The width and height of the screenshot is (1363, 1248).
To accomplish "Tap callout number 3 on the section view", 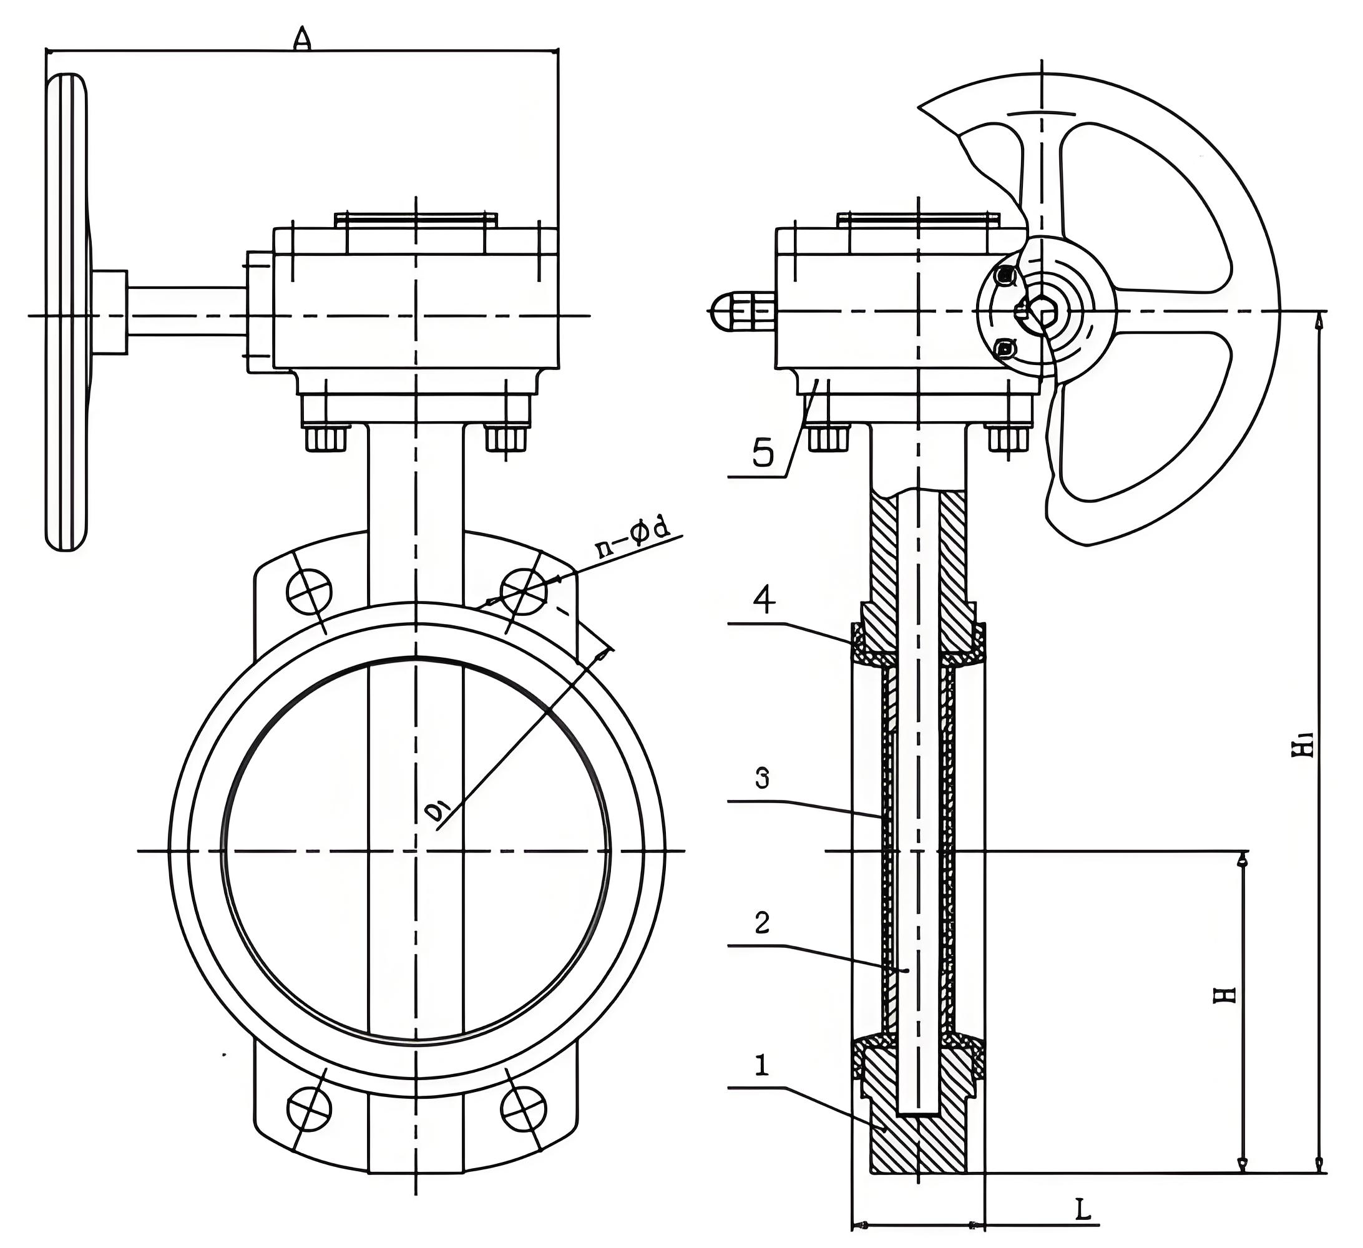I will click(762, 779).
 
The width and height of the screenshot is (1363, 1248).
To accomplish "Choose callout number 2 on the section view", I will click(762, 924).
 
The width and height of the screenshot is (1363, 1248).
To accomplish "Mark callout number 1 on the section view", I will click(762, 1067).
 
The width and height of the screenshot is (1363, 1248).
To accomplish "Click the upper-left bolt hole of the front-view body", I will click(309, 592).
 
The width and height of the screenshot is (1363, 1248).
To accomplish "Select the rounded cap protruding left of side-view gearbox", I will click(727, 311).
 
